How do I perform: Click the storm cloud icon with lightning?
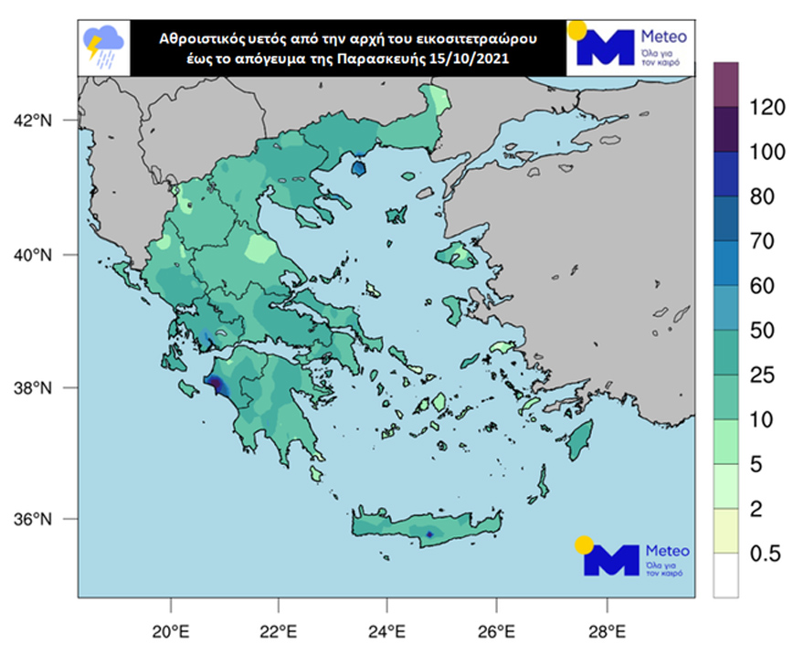point(104,46)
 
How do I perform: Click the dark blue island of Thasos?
point(359,168)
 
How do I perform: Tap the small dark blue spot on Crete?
point(429,534)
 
